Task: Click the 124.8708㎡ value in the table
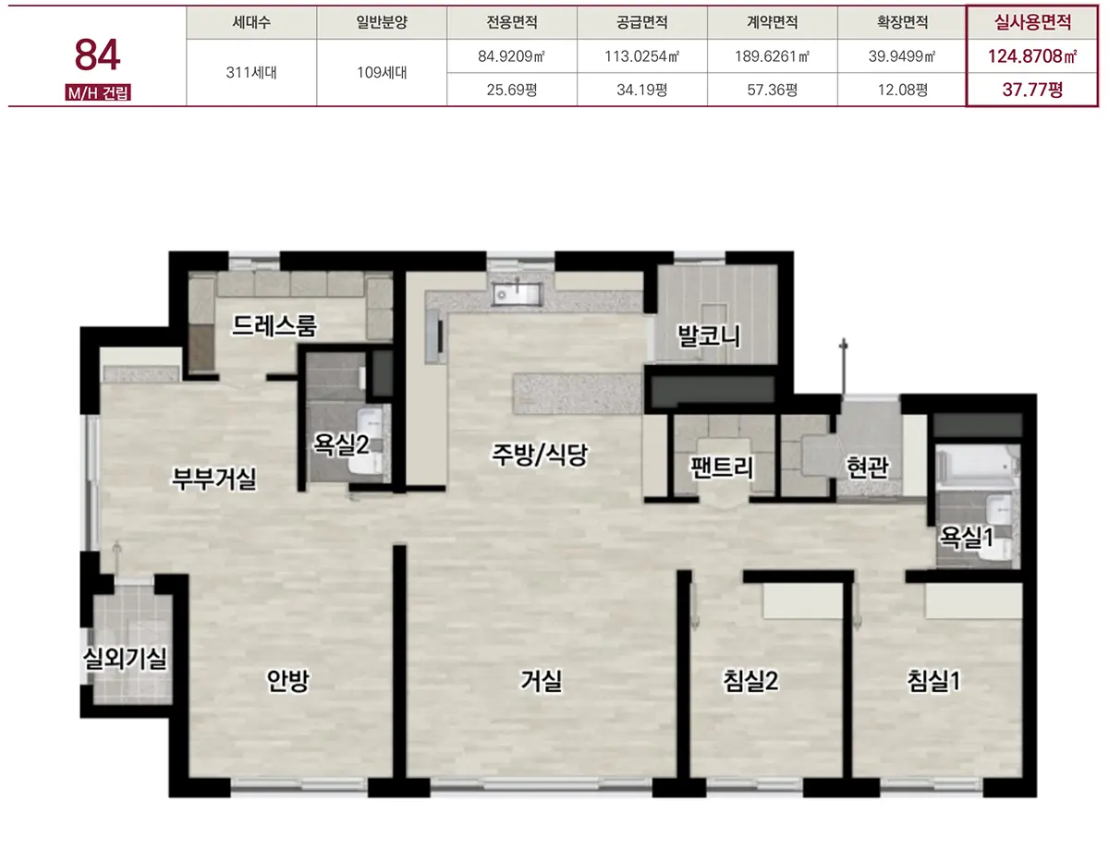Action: pos(1032,55)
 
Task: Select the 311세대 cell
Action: pos(251,72)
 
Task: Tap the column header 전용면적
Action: pos(512,22)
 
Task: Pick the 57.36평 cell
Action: pos(773,90)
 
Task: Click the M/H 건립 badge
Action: pos(98,93)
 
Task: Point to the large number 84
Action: pos(97,55)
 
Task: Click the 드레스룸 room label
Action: pos(274,325)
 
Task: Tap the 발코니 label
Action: pos(708,335)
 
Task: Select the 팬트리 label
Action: pos(722,467)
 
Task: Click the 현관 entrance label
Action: pos(867,467)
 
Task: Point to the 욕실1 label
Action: pos(967,537)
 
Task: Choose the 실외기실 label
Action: pos(125,658)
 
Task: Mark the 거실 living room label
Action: pos(541,681)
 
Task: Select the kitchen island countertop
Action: pos(578,394)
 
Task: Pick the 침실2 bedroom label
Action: pos(750,681)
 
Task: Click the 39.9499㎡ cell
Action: pos(902,55)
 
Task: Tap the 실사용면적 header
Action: pos(1032,22)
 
